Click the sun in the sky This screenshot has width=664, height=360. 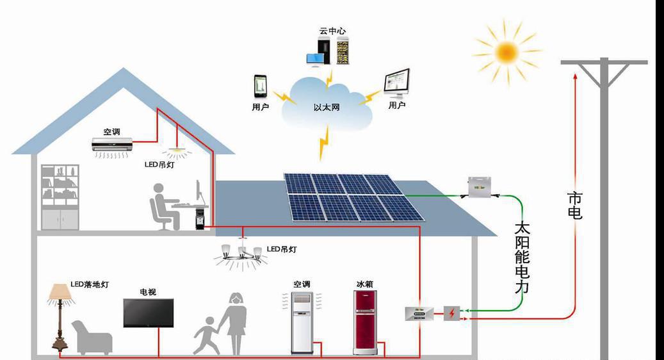tap(506, 51)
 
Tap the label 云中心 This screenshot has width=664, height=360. tap(333, 31)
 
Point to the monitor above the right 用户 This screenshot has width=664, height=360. tap(397, 83)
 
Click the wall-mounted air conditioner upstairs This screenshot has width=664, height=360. tap(111, 145)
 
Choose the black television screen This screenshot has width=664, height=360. tap(148, 313)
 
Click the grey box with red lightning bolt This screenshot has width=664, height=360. tap(452, 313)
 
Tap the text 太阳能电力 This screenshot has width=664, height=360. tap(522, 256)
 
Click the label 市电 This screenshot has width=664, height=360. tap(574, 206)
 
